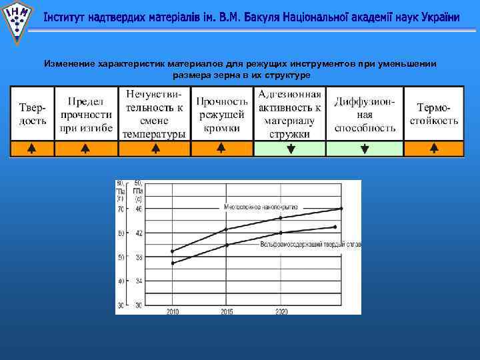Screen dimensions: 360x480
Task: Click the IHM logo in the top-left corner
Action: point(16,19)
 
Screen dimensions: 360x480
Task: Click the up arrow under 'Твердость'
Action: point(31,149)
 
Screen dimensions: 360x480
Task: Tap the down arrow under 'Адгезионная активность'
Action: point(290,149)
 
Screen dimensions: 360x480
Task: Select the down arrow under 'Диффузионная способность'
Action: point(364,149)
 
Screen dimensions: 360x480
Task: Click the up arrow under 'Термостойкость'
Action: point(433,149)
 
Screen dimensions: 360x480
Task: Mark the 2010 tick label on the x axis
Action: point(173,311)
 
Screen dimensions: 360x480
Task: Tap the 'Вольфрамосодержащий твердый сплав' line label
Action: point(311,245)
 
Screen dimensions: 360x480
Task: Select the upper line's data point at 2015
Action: point(227,229)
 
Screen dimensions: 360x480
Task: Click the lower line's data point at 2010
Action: point(173,263)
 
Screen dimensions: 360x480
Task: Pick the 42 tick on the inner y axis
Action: point(139,233)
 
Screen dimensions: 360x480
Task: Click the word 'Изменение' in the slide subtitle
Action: point(69,64)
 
